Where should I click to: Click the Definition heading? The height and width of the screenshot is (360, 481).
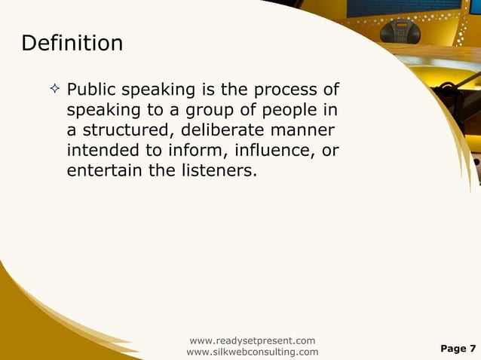72,43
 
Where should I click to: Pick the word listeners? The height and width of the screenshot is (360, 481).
214,171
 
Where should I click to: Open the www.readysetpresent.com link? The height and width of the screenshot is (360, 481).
252,340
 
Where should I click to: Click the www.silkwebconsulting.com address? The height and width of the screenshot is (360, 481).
252,352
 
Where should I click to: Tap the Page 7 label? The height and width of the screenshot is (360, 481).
458,348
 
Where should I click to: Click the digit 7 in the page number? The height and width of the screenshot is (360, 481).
473,348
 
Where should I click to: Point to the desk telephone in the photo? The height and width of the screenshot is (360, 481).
400,32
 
